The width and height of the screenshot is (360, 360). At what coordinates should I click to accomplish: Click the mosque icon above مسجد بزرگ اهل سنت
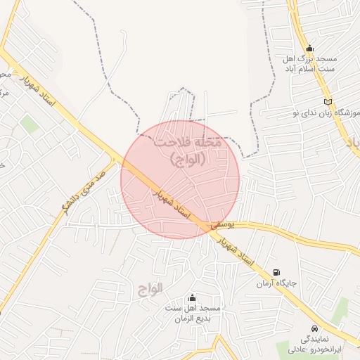[309, 48]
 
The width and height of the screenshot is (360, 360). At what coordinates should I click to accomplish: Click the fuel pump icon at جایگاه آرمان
[276, 272]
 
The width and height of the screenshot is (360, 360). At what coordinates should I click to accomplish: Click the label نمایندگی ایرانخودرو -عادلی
[314, 344]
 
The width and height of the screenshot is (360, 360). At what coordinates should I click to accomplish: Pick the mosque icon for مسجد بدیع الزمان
[193, 298]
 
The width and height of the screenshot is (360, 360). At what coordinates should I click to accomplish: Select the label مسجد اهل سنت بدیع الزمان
[193, 314]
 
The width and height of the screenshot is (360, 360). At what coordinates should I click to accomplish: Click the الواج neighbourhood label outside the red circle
[150, 289]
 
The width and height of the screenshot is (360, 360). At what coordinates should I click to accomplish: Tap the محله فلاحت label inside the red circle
[188, 150]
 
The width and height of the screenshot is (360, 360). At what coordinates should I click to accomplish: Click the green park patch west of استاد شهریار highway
[30, 125]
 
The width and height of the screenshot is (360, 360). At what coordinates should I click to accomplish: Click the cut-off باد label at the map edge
[352, 143]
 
